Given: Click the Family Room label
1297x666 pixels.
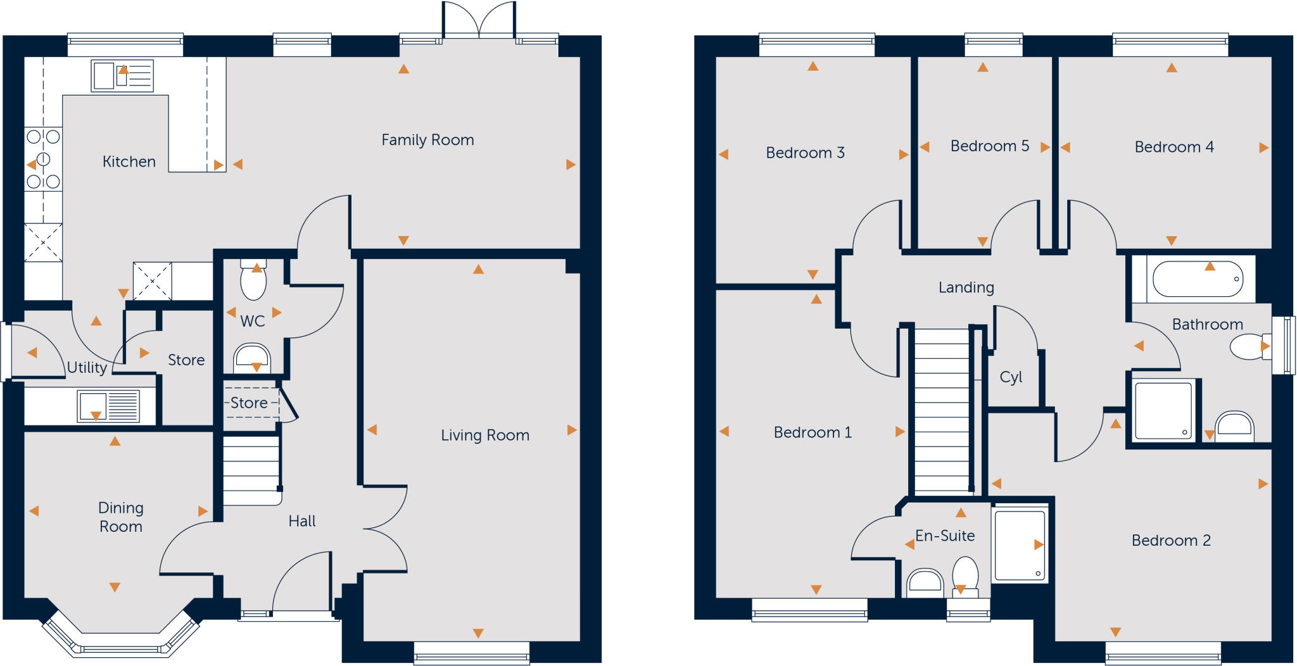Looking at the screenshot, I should (427, 140).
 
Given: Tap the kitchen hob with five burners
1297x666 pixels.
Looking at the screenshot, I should (43, 160).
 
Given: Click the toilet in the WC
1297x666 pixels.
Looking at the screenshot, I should (253, 280).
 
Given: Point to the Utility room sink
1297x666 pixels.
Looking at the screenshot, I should (108, 406).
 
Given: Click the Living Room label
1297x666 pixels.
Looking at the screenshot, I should (485, 436).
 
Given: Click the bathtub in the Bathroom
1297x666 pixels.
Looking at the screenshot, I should (1198, 279).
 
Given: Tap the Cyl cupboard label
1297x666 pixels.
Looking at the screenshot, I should (1011, 377).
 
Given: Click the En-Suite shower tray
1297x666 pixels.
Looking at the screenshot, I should (1020, 545).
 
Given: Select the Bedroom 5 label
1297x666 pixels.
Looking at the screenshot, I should (989, 146).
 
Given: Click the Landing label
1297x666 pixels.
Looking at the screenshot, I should (966, 287).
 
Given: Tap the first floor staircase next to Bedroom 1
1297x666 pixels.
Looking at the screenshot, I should (943, 412).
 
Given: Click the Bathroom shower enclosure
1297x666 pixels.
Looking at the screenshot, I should (1164, 411).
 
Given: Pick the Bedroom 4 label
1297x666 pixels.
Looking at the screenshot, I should (1174, 147).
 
